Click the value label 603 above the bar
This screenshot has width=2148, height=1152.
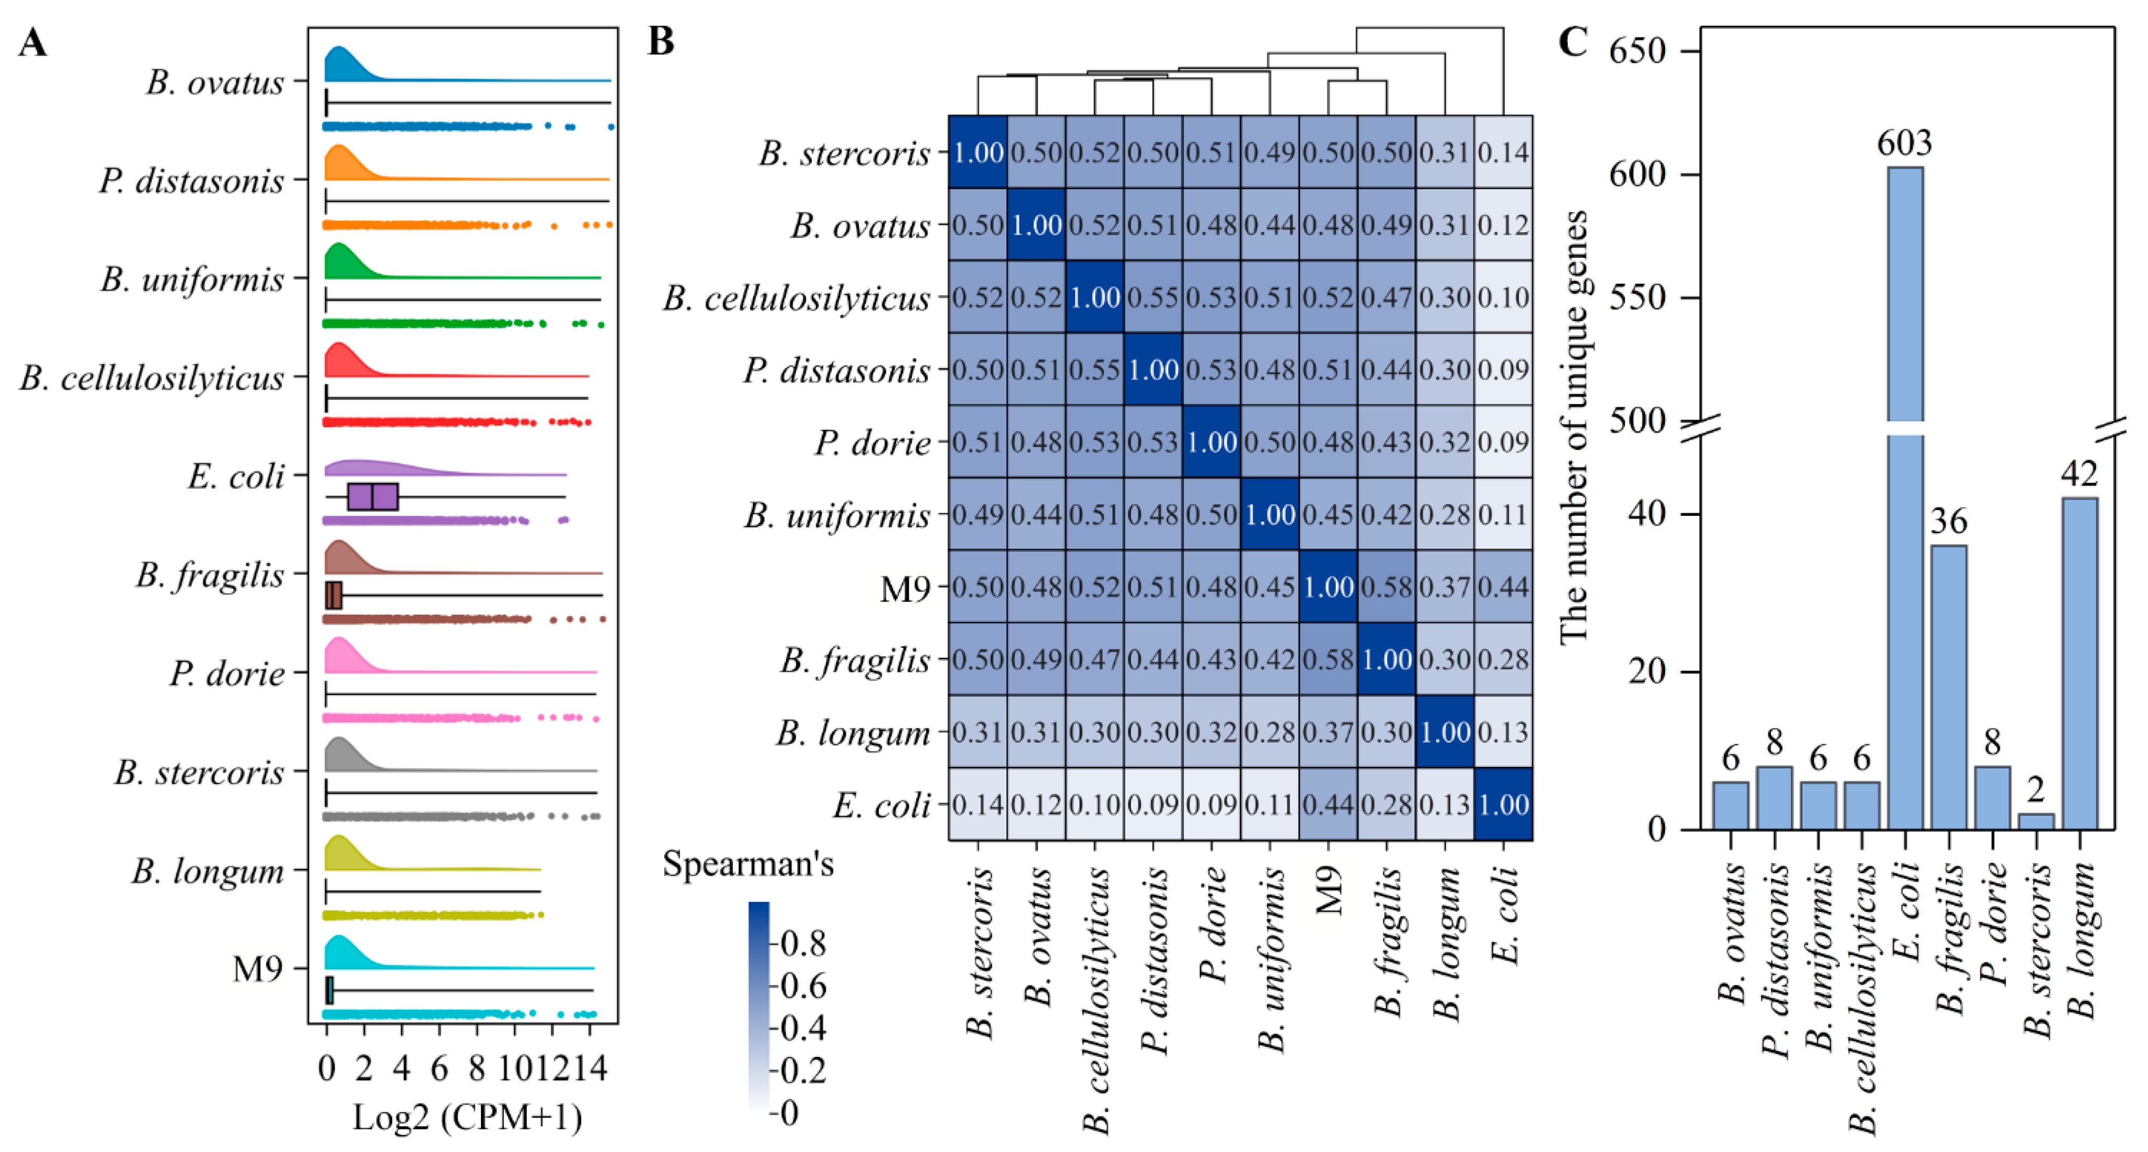point(1904,143)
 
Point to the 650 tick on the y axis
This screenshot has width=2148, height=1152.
point(1637,51)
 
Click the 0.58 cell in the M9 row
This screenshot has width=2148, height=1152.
point(1386,587)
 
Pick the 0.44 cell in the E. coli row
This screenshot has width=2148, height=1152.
point(1327,805)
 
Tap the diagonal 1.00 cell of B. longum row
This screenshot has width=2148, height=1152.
point(1444,732)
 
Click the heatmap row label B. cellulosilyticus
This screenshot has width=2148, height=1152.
point(797,298)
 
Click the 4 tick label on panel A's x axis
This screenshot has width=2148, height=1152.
point(401,1068)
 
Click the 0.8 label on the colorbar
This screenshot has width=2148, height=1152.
point(803,943)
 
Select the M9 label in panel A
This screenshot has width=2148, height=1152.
point(258,969)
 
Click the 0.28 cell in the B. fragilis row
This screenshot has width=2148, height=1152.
point(1503,660)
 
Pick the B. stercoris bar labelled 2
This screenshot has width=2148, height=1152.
point(2036,821)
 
